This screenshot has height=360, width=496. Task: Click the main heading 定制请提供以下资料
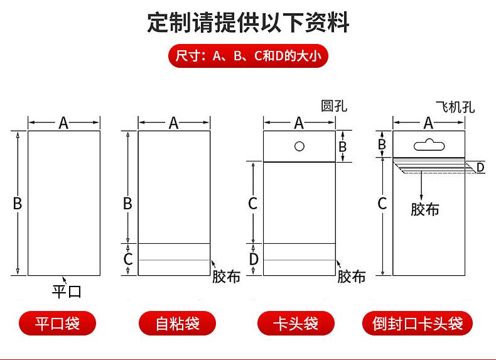[x=248, y=23]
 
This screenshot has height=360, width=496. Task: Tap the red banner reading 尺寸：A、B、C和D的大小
[x=248, y=56]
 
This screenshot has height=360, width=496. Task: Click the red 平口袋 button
[x=57, y=324]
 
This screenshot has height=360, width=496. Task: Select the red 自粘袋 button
[x=177, y=324]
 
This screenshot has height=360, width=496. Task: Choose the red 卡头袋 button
[x=296, y=324]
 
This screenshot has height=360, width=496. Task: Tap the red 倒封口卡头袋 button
[x=418, y=324]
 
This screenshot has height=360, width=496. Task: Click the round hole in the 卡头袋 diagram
[x=299, y=146]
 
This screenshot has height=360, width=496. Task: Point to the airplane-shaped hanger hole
[x=429, y=145]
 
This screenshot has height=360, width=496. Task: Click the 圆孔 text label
[x=334, y=106]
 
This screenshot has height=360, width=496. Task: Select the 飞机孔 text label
[x=455, y=107]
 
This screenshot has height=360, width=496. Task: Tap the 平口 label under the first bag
[x=67, y=292]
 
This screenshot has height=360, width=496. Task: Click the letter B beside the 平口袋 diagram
[x=18, y=204]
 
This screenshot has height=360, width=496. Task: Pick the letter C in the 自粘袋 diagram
[x=128, y=259]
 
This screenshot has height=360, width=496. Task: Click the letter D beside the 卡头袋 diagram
[x=254, y=259]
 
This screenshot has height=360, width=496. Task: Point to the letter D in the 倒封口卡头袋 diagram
[x=480, y=168]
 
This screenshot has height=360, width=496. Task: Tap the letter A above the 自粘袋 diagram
[x=173, y=123]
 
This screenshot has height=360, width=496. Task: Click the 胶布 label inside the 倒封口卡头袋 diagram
[x=425, y=209]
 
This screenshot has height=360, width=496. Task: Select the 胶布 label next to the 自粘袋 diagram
[x=226, y=276]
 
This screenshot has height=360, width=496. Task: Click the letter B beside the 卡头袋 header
[x=343, y=146]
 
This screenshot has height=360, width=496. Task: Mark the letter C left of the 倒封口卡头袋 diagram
[x=382, y=204]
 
